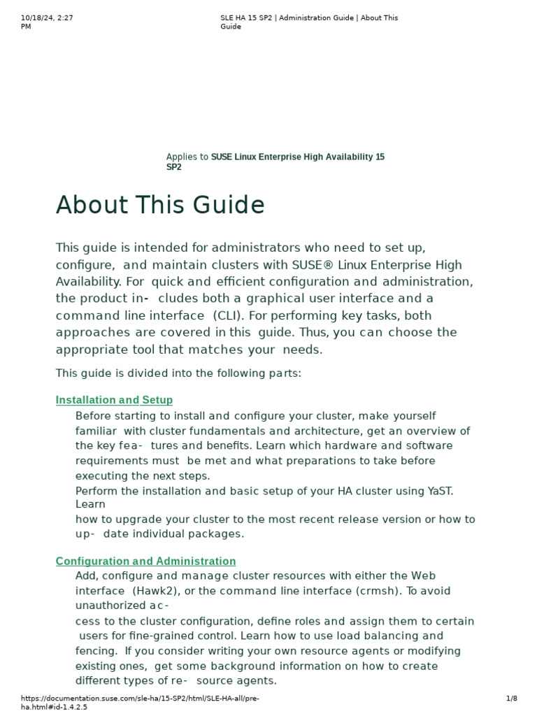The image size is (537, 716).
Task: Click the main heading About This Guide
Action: point(160,206)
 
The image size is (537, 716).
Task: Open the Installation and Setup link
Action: point(114,400)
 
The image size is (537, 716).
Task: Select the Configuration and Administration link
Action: point(145,561)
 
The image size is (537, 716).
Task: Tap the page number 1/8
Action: point(511,699)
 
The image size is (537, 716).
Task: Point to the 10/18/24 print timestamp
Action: point(48,18)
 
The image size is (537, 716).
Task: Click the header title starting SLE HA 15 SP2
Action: point(308,18)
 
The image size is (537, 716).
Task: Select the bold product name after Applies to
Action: point(297,157)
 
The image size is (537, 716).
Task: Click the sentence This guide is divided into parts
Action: point(178,373)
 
